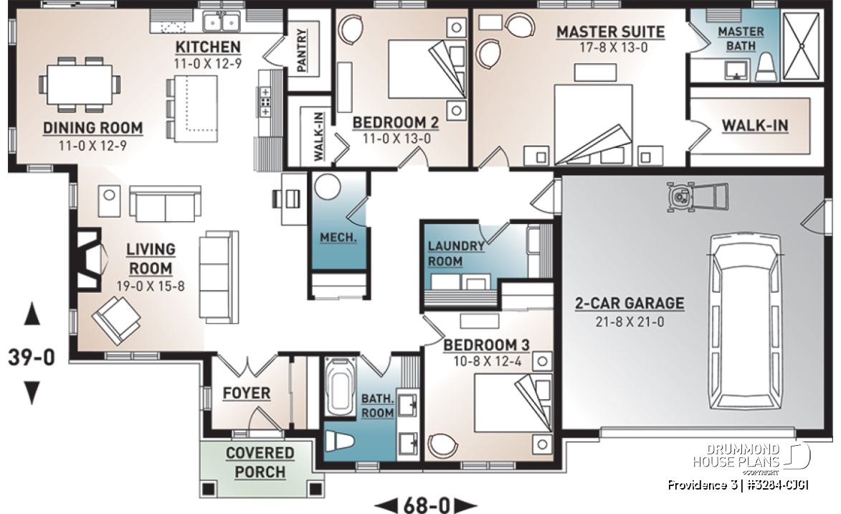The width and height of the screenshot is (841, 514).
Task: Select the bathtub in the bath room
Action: click(x=340, y=386)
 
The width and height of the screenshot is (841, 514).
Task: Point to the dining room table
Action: click(x=80, y=84)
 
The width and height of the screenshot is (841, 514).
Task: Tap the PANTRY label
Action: click(x=302, y=50)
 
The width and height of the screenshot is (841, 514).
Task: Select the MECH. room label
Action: click(x=338, y=238)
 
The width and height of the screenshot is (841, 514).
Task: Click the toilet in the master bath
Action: click(x=766, y=67)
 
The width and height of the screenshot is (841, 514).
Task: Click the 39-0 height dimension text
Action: click(x=31, y=358)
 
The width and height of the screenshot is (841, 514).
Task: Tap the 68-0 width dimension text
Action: click(x=425, y=505)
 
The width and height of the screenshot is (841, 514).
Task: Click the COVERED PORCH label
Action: click(x=260, y=462)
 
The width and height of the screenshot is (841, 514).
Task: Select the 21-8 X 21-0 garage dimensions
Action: click(x=629, y=322)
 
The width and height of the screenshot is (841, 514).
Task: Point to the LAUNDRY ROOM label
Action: click(x=455, y=253)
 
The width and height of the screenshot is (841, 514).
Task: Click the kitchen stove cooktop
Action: click(x=265, y=102)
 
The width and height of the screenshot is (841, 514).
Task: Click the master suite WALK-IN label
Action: click(x=755, y=126)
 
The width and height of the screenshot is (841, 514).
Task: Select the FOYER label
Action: click(x=247, y=393)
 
